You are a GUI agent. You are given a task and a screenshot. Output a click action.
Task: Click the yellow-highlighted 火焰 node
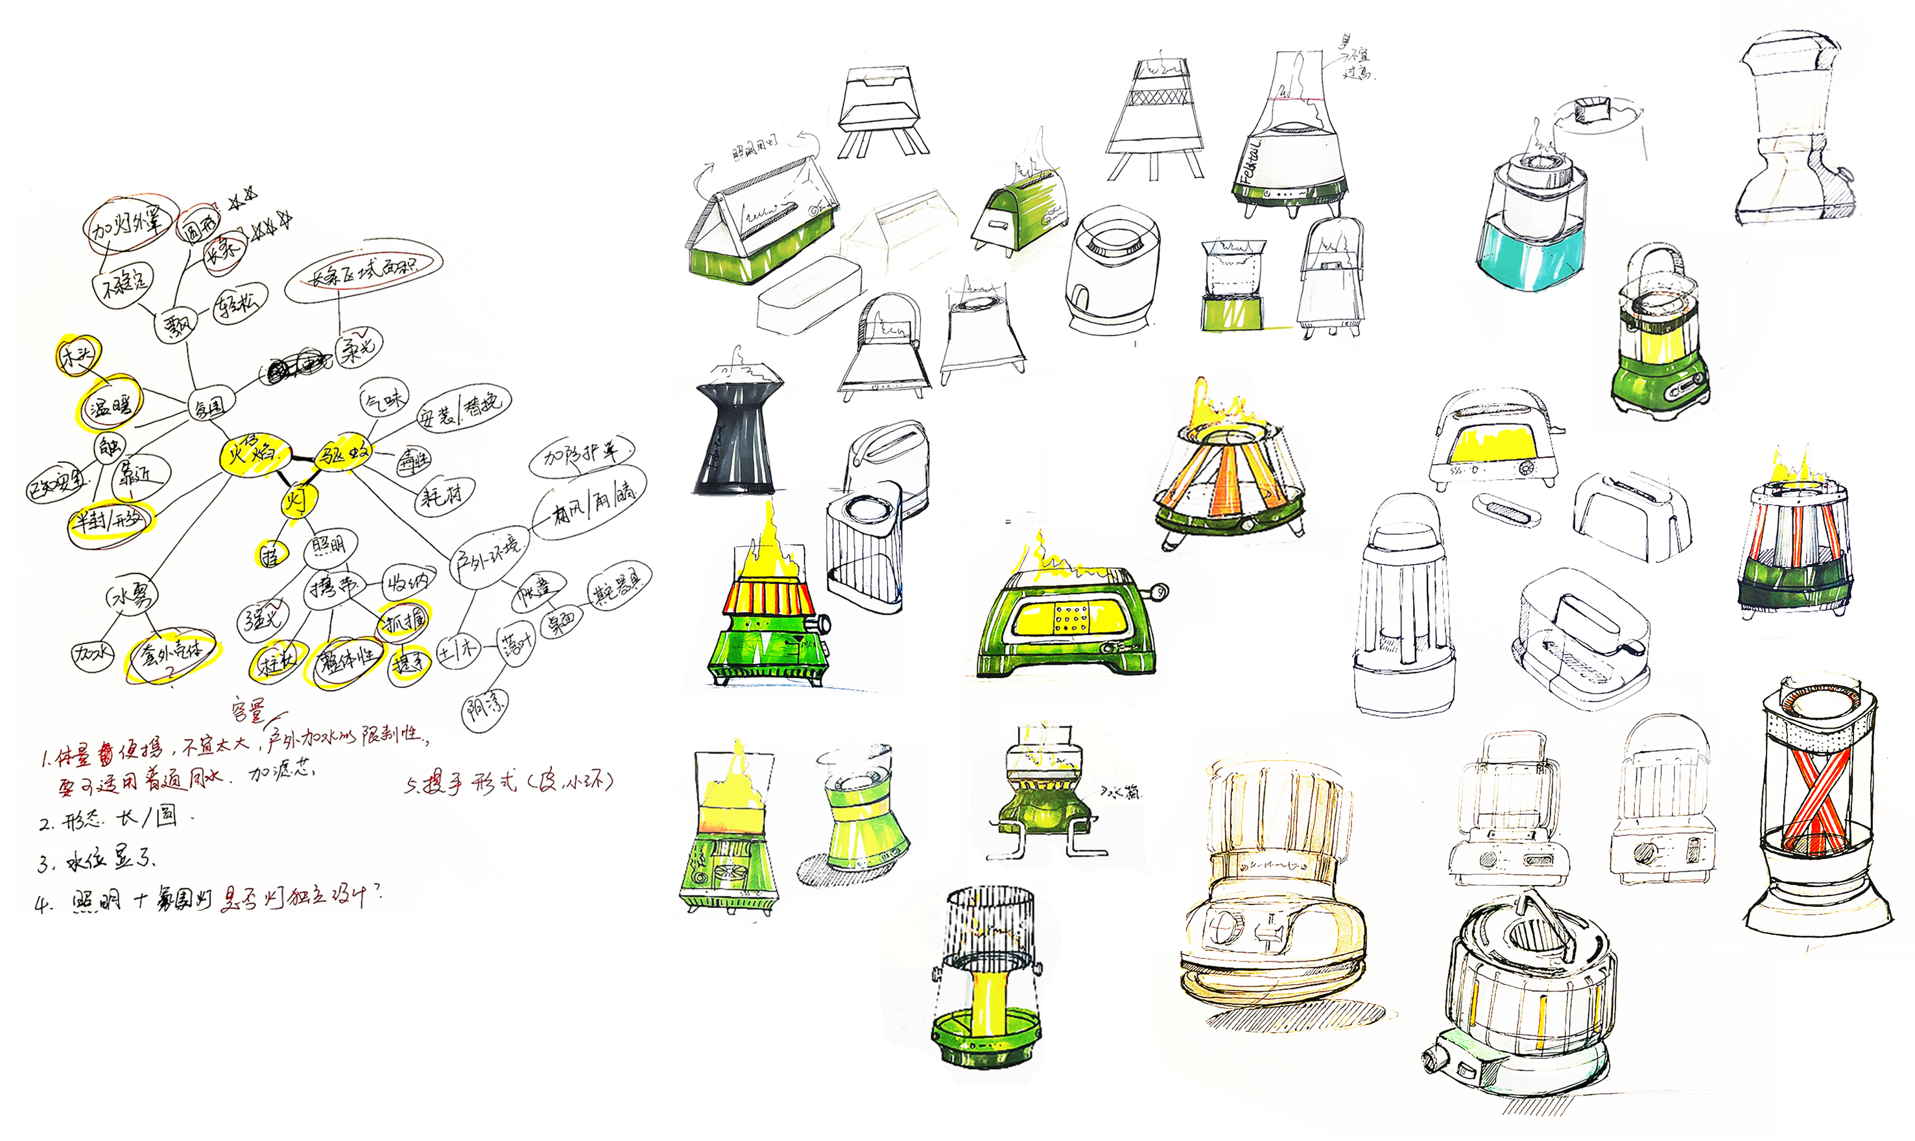point(254,453)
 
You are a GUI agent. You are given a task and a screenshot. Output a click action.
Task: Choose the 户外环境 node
point(489,555)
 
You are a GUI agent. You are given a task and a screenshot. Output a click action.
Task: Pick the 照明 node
point(329,547)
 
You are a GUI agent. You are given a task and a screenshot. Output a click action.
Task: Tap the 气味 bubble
point(384,400)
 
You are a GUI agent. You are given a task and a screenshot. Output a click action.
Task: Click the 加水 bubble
point(91,655)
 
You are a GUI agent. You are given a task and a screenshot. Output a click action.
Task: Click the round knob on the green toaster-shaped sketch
point(1157,592)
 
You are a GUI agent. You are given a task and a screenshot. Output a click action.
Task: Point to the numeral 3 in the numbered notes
point(44,863)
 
